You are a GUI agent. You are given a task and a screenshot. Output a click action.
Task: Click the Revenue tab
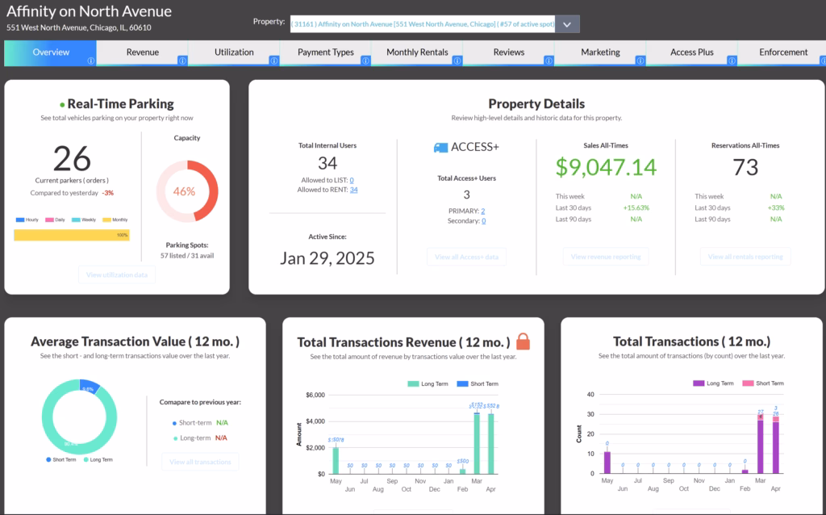(x=142, y=52)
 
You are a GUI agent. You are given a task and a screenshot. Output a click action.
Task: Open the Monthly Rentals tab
(x=417, y=52)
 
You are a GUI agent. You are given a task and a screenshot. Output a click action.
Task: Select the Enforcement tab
(x=782, y=52)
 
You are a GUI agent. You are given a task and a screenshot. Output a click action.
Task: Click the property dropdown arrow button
(x=567, y=24)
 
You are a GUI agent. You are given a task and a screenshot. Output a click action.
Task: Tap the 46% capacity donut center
(x=184, y=192)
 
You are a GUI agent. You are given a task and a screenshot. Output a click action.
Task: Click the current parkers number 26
(x=72, y=158)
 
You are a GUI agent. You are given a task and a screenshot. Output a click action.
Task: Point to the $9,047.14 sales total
(x=606, y=167)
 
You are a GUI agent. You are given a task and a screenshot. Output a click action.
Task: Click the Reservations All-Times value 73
(x=745, y=167)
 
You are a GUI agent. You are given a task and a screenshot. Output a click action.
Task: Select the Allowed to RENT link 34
(x=353, y=190)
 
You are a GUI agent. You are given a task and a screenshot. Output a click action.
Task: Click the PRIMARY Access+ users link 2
(x=483, y=211)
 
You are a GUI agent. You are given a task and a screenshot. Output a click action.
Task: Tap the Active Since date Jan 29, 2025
(x=327, y=258)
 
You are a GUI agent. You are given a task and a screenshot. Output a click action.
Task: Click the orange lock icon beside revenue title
(x=523, y=341)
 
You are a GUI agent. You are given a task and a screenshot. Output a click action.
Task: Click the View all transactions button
(x=200, y=462)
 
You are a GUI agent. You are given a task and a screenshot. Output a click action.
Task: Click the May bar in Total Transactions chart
(x=607, y=463)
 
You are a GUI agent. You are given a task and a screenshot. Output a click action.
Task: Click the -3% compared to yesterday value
(x=107, y=193)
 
